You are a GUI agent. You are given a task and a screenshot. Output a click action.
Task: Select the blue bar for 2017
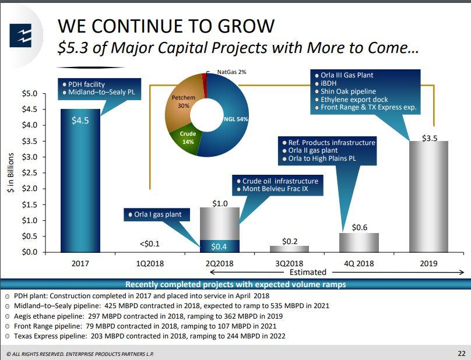pyautogui.click(x=80, y=181)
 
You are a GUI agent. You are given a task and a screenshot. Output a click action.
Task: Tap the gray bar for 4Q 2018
pyautogui.click(x=359, y=242)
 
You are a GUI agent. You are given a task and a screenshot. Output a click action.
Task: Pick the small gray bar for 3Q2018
pyautogui.click(x=289, y=249)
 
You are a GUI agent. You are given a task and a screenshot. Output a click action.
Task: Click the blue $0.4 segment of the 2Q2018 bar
pyautogui.click(x=219, y=246)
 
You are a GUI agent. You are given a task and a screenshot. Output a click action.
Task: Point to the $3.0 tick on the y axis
pyautogui.click(x=30, y=157)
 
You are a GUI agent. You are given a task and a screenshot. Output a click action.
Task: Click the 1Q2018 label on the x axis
pyautogui.click(x=150, y=263)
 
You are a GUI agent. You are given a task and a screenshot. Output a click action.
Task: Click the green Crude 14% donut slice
pyautogui.click(x=188, y=137)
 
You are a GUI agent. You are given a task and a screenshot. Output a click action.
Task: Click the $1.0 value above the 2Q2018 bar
pyautogui.click(x=219, y=202)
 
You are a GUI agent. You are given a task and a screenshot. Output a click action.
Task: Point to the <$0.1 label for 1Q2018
pyautogui.click(x=150, y=243)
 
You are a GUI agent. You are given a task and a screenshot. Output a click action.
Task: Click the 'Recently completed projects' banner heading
pyautogui.click(x=235, y=284)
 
